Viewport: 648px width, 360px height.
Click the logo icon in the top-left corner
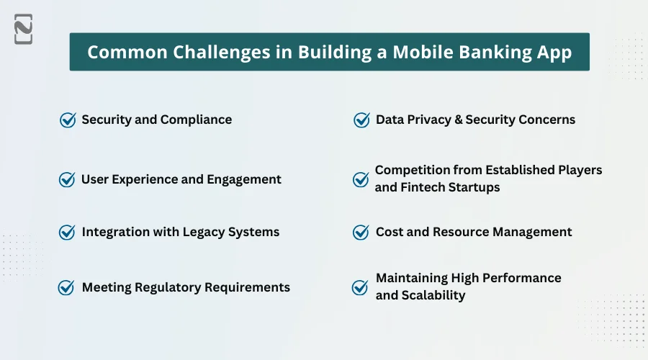[23, 30]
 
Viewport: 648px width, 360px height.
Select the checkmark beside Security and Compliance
[68, 120]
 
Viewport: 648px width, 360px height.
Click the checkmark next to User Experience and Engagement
[67, 179]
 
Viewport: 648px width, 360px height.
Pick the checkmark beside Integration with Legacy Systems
[67, 232]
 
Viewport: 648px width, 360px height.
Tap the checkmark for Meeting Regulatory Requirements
[66, 287]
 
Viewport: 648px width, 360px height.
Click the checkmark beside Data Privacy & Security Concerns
[361, 120]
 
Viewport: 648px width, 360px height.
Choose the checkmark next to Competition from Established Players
[361, 179]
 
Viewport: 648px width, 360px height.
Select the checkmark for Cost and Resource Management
[361, 232]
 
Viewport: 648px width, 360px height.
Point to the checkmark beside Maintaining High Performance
[360, 287]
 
